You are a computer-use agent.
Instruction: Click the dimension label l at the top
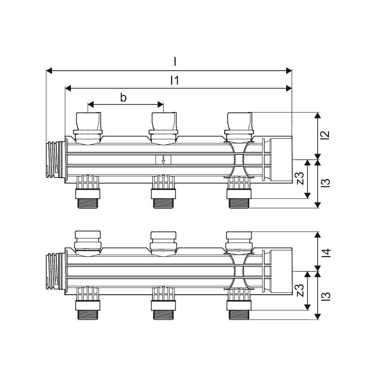pos(175,62)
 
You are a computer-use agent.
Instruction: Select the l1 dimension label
pos(174,80)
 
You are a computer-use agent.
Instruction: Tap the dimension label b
pos(123,98)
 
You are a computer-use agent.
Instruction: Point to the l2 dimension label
pos(326,135)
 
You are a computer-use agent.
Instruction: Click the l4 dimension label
pos(326,253)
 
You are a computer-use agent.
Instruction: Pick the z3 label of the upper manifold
pos(300,178)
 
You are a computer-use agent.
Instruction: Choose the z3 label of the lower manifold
pos(300,290)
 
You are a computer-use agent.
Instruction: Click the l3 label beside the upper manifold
pos(326,183)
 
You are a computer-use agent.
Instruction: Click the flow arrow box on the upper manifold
pos(163,159)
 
